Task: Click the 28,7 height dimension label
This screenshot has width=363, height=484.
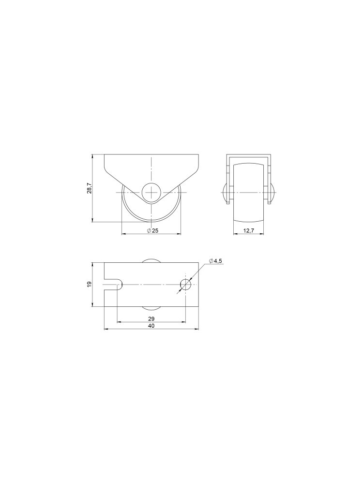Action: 89,188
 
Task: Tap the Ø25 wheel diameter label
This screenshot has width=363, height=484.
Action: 153,231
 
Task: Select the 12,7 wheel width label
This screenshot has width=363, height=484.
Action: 248,231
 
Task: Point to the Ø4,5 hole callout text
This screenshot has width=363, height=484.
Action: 215,261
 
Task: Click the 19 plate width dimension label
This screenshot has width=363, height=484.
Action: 89,284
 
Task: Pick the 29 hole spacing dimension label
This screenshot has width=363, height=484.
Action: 151,318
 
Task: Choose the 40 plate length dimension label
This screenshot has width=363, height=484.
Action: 151,326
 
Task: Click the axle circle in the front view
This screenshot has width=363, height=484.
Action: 151,192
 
